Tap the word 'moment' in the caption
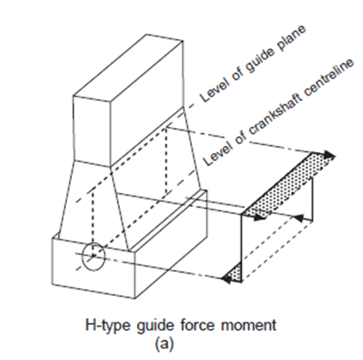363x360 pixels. tap(248, 325)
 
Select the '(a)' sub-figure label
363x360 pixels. tap(164, 344)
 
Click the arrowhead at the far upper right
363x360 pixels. tap(329, 154)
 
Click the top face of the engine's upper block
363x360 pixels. tap(128, 67)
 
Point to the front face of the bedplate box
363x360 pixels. tap(94, 268)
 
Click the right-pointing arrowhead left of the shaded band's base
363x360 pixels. tap(260, 218)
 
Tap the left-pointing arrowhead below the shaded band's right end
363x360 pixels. tap(299, 218)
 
